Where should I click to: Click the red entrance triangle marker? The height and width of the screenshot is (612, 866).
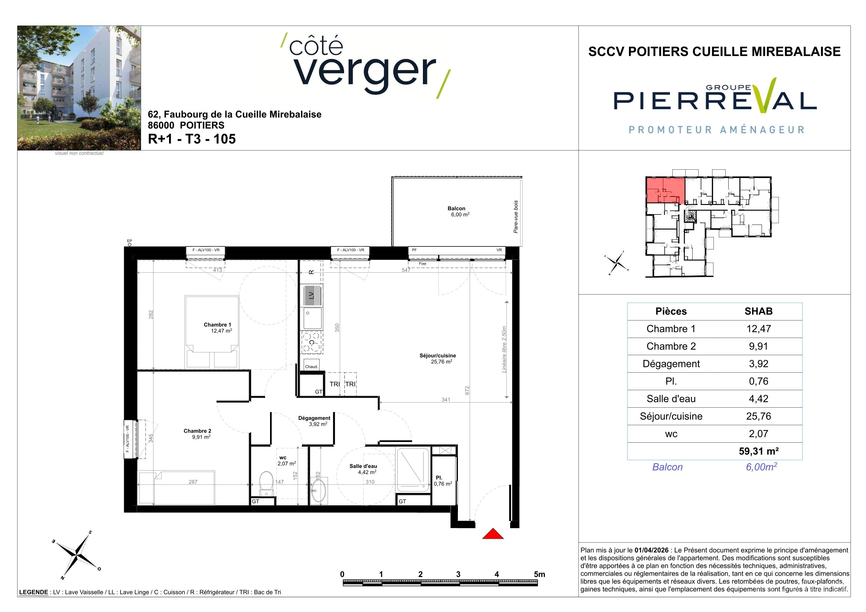coord(493,534)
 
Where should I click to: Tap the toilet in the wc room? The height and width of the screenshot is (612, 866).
coord(267,483)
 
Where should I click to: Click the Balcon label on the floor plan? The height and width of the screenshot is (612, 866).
coord(456,208)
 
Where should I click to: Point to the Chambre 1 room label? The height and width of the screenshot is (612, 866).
coord(217,325)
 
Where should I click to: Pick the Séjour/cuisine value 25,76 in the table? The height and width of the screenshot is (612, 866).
coord(759,416)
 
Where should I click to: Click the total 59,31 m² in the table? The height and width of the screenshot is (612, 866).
coord(759,451)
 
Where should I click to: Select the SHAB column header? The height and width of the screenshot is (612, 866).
coord(759,311)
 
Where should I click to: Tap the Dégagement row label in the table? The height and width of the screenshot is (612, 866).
coord(671,364)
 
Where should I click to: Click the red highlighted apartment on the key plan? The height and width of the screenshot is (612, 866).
coord(665,190)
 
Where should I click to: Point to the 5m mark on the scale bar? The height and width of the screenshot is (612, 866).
coord(540,574)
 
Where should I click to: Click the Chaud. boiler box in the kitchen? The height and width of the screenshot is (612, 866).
coord(311,366)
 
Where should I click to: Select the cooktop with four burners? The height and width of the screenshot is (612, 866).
coord(311,342)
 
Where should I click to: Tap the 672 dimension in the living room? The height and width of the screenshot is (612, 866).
coord(467,390)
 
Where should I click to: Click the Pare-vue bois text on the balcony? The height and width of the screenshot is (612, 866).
coord(515,217)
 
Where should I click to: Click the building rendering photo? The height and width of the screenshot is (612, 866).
coord(79,88)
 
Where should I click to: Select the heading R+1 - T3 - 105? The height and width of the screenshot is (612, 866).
coord(192,139)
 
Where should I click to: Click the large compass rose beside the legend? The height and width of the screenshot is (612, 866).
coord(76,555)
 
